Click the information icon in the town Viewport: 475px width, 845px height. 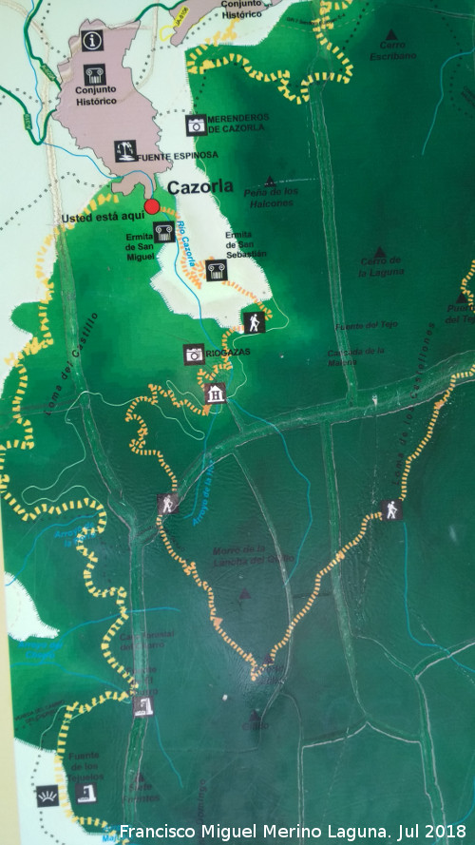[x=92, y=40]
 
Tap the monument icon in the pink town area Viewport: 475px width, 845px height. [x=94, y=75]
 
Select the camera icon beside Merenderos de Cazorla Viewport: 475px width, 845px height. [x=197, y=125]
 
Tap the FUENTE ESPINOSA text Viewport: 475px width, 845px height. [x=178, y=155]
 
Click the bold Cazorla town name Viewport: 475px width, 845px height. [x=200, y=187]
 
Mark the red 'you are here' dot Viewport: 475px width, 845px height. [x=151, y=206]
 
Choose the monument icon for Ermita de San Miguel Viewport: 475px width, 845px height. [x=163, y=231]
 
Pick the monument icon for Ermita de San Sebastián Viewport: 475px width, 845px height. [x=216, y=269]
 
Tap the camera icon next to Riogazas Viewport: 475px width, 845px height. [x=194, y=354]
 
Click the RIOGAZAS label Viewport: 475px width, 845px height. [x=231, y=352]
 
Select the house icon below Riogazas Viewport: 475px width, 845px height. [x=216, y=394]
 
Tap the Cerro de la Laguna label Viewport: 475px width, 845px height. [x=381, y=267]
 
